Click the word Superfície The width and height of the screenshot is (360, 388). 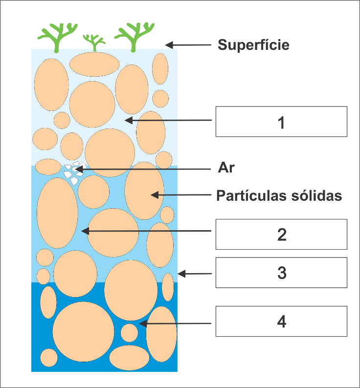[253, 45]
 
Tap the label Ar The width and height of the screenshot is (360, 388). [226, 168]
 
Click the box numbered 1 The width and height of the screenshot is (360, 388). [281, 122]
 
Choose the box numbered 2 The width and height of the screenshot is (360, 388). [281, 234]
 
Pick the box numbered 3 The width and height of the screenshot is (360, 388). [281, 273]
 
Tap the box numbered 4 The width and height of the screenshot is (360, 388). [281, 321]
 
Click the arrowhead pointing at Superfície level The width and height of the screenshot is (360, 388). [169, 45]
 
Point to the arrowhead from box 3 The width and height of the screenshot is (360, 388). [181, 274]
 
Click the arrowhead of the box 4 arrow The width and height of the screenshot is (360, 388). [143, 323]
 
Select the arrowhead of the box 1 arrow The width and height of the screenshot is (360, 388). [129, 121]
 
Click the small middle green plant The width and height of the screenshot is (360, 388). [94, 43]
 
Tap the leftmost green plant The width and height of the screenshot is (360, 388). [58, 38]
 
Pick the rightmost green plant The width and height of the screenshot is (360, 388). [135, 37]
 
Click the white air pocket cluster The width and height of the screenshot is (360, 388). [74, 172]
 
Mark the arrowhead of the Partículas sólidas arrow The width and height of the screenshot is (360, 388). [155, 195]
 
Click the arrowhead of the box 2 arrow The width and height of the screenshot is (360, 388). [85, 231]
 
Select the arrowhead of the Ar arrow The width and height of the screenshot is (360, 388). [79, 169]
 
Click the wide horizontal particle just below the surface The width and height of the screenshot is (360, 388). [94, 65]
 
